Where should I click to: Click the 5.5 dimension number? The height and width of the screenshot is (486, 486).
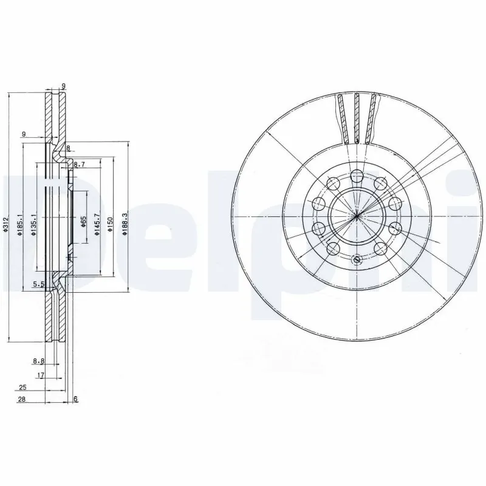(x=38, y=284)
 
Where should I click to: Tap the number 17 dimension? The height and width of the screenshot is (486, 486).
(x=41, y=375)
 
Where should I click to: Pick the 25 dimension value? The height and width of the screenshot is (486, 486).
(x=22, y=387)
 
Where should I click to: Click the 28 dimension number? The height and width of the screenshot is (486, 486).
(x=22, y=399)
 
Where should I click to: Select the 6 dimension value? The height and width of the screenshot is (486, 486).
(x=75, y=399)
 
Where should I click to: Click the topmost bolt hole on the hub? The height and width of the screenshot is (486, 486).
(x=357, y=176)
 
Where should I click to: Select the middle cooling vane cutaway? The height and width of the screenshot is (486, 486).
(x=357, y=118)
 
